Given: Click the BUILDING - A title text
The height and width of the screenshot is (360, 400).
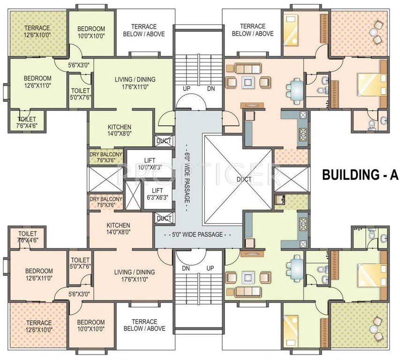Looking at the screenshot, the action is tap(360, 175).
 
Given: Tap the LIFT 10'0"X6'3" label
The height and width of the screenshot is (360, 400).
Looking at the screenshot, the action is tap(150, 164).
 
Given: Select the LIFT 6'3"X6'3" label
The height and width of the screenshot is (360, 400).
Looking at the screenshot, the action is tap(158, 194).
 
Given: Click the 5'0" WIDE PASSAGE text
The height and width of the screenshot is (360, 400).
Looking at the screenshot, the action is tap(198, 234).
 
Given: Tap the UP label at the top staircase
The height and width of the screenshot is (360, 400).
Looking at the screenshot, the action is tap(187, 89).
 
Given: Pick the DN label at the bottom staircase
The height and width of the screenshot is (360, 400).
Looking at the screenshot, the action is tap(186, 268).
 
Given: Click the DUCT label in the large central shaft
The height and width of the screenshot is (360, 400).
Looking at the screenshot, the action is tap(244, 179).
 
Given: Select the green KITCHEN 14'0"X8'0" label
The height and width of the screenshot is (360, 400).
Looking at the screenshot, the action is tap(120, 130).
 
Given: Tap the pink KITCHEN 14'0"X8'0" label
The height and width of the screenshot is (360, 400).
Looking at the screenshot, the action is tap(118, 228).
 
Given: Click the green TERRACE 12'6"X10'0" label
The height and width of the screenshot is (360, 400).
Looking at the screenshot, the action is tap(37, 31).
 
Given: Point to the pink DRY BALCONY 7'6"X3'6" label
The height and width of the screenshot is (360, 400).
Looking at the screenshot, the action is tap(106, 195).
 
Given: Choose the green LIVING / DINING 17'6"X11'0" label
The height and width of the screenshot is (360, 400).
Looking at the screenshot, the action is tap(135, 83).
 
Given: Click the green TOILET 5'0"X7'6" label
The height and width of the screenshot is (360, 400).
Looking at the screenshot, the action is tap(80, 94).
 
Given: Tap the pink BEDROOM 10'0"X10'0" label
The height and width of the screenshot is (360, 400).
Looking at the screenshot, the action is tap(91, 326).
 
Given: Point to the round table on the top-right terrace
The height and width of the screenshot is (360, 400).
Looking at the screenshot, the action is tap(373, 33).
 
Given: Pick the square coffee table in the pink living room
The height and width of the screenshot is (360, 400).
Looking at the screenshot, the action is tap(248, 82).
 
